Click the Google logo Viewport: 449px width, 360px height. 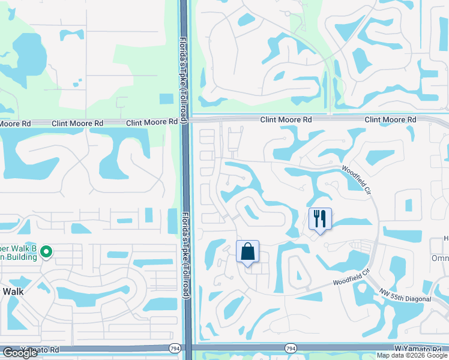point(20,353)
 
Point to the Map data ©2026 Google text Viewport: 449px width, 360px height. point(412,355)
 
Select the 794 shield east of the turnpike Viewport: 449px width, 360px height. point(291,348)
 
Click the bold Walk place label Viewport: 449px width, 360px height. point(13,291)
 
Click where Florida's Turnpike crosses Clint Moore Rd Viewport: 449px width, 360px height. point(185,120)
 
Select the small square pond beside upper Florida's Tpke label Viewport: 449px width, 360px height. point(166,99)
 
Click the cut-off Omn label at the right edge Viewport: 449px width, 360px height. point(440,258)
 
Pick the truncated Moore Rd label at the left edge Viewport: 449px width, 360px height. point(15,123)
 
